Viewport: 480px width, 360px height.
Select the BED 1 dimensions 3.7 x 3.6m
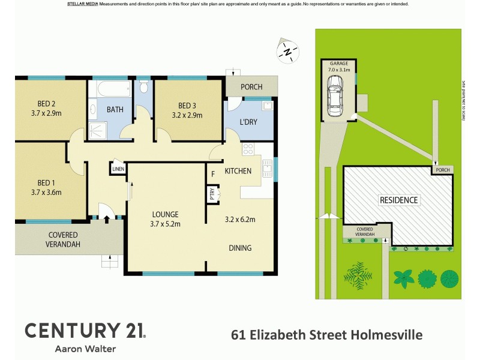point(41,193)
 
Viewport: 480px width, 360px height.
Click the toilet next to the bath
point(143,88)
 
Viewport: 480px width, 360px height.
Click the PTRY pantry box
point(212,194)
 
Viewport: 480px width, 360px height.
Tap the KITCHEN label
point(238,172)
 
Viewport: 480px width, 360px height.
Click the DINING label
point(239,248)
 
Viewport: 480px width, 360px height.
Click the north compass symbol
point(288,51)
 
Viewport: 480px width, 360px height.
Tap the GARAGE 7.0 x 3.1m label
point(339,66)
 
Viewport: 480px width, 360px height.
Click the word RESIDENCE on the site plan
point(398,200)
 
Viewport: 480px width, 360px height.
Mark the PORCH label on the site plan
point(443,170)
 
